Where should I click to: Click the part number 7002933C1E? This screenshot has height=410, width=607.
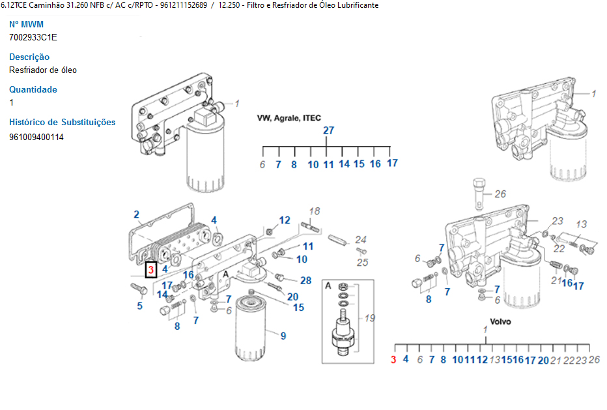[x=33, y=37]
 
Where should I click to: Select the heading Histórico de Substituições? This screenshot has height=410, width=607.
[x=63, y=122]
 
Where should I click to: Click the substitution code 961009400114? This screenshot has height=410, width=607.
[x=36, y=137]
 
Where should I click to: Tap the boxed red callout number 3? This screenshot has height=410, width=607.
[x=151, y=270]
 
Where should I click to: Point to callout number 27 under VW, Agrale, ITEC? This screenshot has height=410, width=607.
[x=329, y=130]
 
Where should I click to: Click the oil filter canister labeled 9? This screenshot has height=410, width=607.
[x=251, y=329]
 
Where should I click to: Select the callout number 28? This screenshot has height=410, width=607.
[x=306, y=280]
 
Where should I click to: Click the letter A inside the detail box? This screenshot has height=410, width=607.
[x=328, y=286]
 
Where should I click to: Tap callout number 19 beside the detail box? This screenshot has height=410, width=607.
[x=370, y=318]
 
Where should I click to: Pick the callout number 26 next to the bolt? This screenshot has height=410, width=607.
[x=500, y=194]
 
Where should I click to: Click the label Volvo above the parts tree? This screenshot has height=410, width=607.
[x=500, y=321]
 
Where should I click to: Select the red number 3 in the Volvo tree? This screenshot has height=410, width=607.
[x=393, y=360]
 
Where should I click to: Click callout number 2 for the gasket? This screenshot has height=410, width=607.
[x=136, y=214]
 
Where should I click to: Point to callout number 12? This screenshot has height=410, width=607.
[x=285, y=220]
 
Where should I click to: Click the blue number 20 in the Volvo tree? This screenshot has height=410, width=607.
[x=543, y=360]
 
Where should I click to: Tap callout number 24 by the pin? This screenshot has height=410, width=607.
[x=361, y=239]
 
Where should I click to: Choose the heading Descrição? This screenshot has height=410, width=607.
[x=29, y=57]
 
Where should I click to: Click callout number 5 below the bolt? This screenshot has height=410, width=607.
[x=140, y=306]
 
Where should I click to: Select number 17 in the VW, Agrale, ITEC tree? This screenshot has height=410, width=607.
[x=392, y=163]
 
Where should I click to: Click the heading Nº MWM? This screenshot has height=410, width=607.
[x=26, y=24]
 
